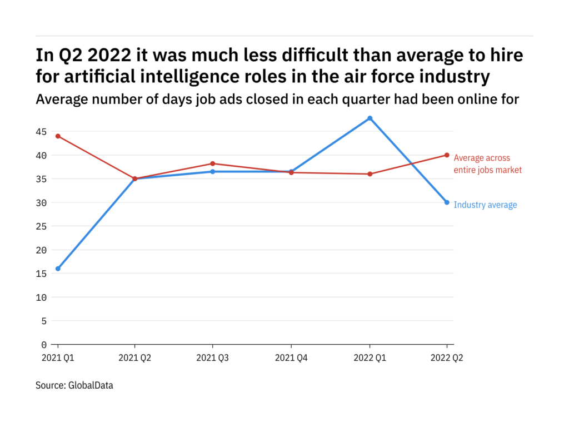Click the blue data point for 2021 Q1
(58, 269)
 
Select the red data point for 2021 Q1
(58, 136)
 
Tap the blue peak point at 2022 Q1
(370, 118)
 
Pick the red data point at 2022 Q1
(370, 174)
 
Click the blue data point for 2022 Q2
(447, 202)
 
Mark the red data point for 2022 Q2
(447, 155)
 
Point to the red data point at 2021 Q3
(213, 163)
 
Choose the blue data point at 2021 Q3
(213, 172)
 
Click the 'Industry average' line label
(485, 205)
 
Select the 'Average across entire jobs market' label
(488, 164)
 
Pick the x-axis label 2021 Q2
(135, 359)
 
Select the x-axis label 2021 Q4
(291, 359)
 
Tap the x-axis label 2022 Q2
(447, 359)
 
